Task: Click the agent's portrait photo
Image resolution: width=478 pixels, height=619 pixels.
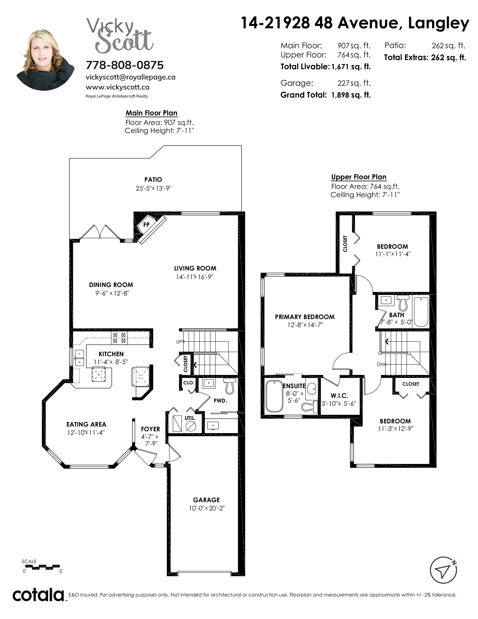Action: point(45,60)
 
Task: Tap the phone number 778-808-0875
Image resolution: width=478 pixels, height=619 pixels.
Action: point(125,65)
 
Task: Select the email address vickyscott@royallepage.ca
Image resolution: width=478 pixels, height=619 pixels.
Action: point(130,77)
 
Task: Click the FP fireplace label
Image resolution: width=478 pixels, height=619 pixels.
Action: point(146,225)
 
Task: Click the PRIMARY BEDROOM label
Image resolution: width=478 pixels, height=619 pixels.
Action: point(305,317)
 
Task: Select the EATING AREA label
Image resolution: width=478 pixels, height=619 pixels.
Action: point(86,424)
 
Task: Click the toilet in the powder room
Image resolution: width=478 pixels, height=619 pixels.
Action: point(229,386)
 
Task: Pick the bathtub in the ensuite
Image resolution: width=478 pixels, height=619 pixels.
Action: point(274,396)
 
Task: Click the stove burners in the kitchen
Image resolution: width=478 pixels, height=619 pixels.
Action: point(119,338)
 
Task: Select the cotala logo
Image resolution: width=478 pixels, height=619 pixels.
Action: point(38,595)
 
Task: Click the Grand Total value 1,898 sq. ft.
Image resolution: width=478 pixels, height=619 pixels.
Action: point(351,95)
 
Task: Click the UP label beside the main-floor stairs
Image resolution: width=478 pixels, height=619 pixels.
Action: point(179,342)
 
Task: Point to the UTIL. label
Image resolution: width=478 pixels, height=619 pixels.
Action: point(190,418)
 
